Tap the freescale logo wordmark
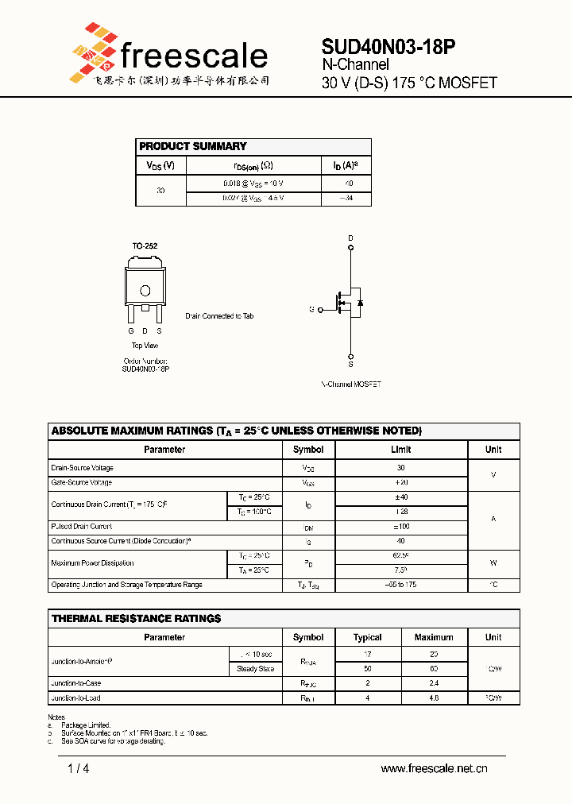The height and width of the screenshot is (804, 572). point(194,56)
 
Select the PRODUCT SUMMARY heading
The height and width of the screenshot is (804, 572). point(193,146)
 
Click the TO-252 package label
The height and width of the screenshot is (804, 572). point(145,246)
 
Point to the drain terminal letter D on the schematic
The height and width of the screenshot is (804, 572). point(351,238)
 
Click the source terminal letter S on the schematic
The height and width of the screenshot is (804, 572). point(351,364)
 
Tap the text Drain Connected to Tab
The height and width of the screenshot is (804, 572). point(219,316)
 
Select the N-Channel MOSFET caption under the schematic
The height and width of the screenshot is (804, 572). point(351,384)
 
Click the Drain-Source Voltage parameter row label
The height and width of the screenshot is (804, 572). point(83,468)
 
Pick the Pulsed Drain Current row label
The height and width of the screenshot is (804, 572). point(81,527)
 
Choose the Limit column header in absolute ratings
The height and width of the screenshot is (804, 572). point(401,450)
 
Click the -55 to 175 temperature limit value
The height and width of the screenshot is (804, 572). point(401,585)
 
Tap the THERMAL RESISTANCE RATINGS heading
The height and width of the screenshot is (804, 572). point(136,618)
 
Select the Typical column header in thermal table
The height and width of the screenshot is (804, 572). point(367,637)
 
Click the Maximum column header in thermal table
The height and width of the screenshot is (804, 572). point(434,637)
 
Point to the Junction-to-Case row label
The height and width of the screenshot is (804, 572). point(75,683)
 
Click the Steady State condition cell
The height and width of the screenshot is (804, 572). point(255,669)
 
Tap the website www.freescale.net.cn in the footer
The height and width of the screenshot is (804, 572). point(434,768)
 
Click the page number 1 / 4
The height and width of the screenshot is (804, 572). point(79,768)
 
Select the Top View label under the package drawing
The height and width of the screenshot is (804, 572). point(145,346)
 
